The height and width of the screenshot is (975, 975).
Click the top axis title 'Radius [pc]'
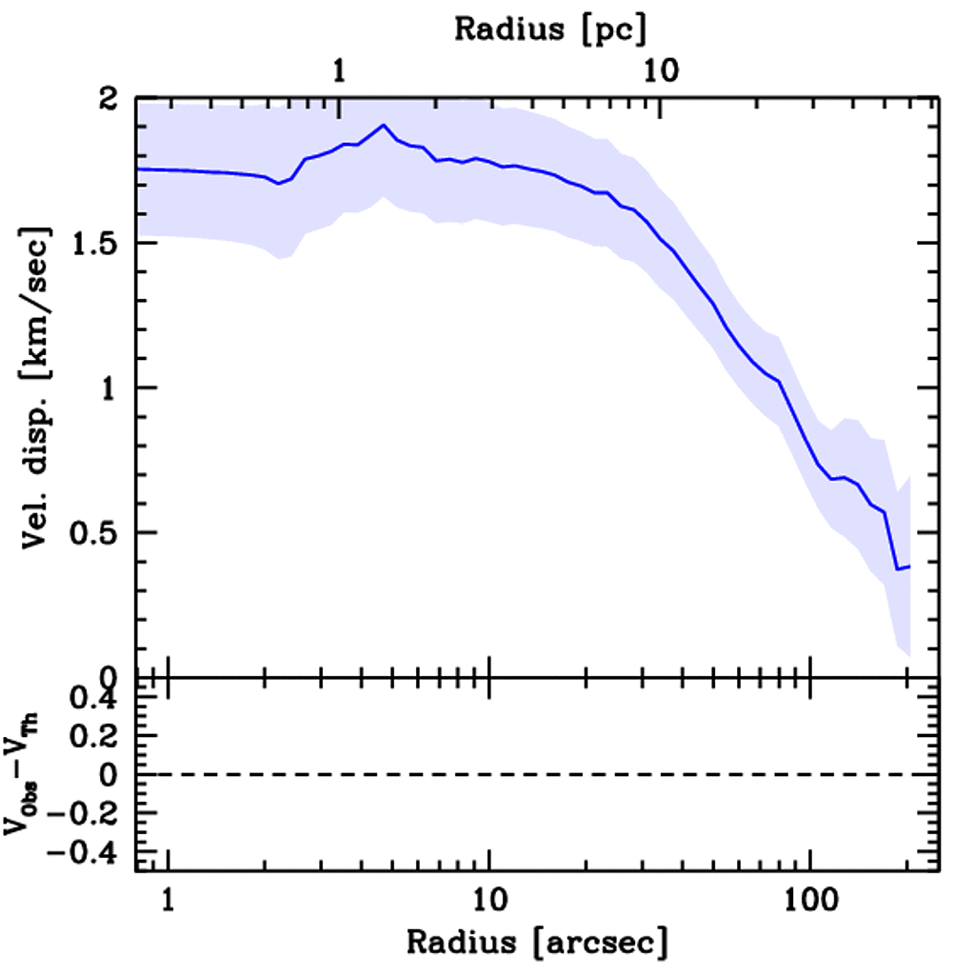pos(550,29)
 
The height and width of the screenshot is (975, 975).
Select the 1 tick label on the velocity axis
pos(112,388)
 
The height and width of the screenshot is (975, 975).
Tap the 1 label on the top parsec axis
pos(340,70)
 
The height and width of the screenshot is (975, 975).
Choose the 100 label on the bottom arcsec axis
pos(809,898)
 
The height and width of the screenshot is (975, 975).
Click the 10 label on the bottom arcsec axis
pos(488,898)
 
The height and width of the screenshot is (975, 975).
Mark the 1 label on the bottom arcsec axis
pos(169,898)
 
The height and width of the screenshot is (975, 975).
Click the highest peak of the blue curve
pos(384,125)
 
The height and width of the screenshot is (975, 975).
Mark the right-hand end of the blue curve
pos(910,567)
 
